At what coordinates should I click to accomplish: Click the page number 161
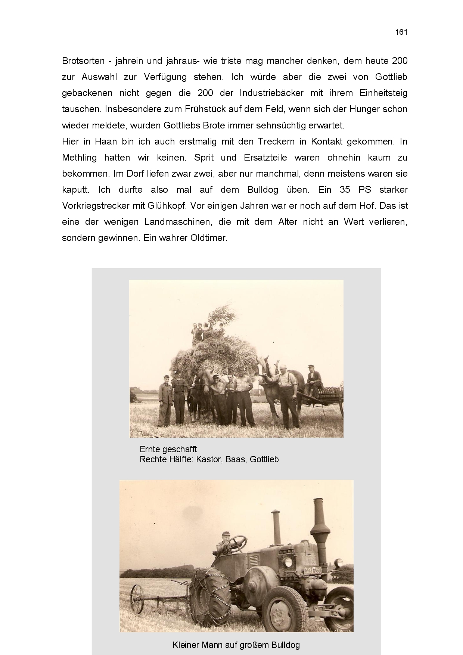pyautogui.click(x=401, y=32)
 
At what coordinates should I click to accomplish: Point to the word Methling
pyautogui.click(x=79, y=158)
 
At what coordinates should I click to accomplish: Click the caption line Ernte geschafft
pyautogui.click(x=168, y=449)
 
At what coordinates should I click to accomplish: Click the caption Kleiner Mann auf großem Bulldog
pyautogui.click(x=236, y=645)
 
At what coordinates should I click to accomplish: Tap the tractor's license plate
pyautogui.click(x=313, y=570)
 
